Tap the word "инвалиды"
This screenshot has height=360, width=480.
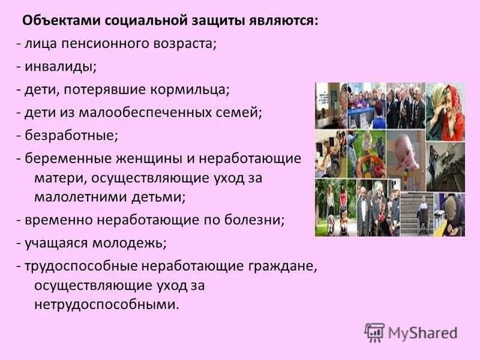[x=59, y=67]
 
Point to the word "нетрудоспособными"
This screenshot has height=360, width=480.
[x=106, y=304]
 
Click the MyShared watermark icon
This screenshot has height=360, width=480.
[x=374, y=332]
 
